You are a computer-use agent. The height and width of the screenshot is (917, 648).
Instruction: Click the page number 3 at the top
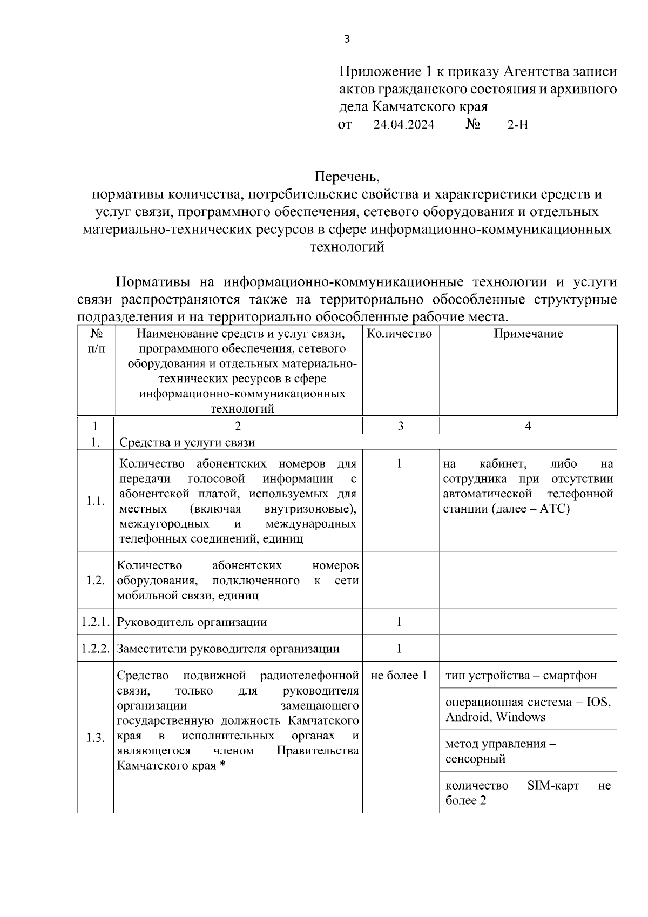(x=347, y=38)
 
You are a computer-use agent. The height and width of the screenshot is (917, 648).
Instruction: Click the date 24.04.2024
(x=403, y=125)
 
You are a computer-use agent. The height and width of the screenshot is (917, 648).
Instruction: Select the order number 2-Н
(x=517, y=125)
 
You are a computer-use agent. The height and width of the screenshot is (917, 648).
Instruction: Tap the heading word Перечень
(x=347, y=177)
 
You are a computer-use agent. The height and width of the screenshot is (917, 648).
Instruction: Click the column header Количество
(x=400, y=334)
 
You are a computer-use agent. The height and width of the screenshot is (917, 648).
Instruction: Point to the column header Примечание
(x=528, y=334)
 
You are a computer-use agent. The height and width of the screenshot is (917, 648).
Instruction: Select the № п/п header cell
(x=96, y=341)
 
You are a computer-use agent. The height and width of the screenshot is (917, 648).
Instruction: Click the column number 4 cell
(x=528, y=426)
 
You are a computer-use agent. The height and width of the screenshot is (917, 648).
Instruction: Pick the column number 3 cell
(x=400, y=426)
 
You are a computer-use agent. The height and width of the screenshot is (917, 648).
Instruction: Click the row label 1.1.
(x=96, y=501)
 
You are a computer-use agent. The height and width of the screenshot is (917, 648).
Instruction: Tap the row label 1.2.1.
(x=96, y=622)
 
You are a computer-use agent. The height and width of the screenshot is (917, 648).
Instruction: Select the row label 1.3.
(x=96, y=738)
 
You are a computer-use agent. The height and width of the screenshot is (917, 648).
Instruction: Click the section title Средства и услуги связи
(x=187, y=442)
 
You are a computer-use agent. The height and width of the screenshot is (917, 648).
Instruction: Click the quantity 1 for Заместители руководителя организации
(x=399, y=649)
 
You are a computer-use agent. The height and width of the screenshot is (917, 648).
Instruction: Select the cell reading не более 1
(x=399, y=676)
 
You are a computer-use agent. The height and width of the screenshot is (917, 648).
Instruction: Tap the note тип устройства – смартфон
(x=521, y=676)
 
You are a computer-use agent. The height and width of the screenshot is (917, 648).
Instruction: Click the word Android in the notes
(x=469, y=717)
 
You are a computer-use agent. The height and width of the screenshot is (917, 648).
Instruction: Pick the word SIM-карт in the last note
(x=552, y=785)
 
